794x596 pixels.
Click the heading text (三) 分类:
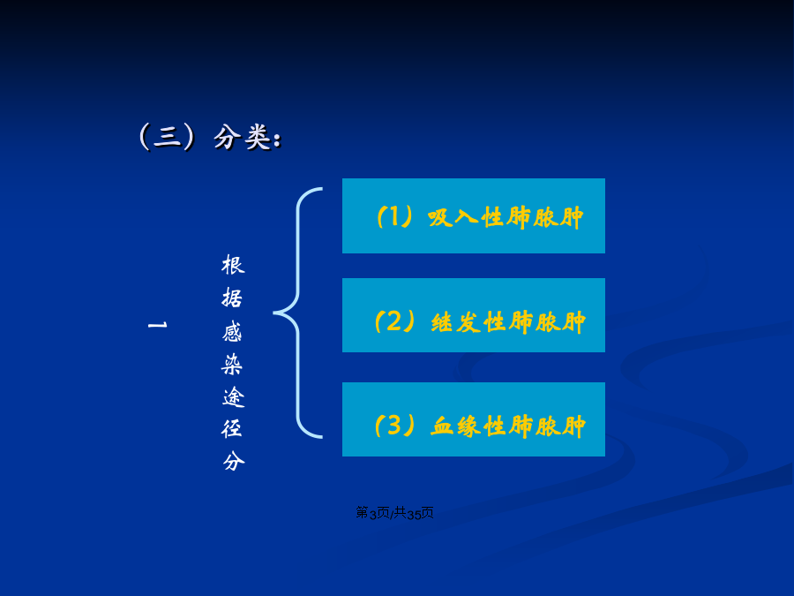pos(210,138)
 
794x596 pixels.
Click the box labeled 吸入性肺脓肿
pos(474,216)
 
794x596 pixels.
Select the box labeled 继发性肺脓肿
pos(474,315)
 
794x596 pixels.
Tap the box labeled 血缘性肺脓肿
pos(474,419)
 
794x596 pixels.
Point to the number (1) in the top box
pos(395,217)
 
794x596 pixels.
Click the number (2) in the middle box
pos(395,321)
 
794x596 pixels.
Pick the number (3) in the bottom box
pos(395,426)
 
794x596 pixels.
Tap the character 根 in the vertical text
pos(233,265)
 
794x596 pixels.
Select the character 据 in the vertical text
pos(233,298)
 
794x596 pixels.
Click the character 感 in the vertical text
pos(233,331)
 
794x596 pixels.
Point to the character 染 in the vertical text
pos(233,364)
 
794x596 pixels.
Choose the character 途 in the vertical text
pos(234,396)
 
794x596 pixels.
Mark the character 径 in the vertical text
pos(232,429)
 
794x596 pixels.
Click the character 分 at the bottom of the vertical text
pos(234,461)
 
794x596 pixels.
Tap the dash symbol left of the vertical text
pos(158,324)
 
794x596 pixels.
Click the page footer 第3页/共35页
pos(395,513)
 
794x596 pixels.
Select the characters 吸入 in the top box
pos(453,217)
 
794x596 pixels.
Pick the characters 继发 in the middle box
pos(456,322)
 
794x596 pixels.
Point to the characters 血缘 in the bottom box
pos(456,426)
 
